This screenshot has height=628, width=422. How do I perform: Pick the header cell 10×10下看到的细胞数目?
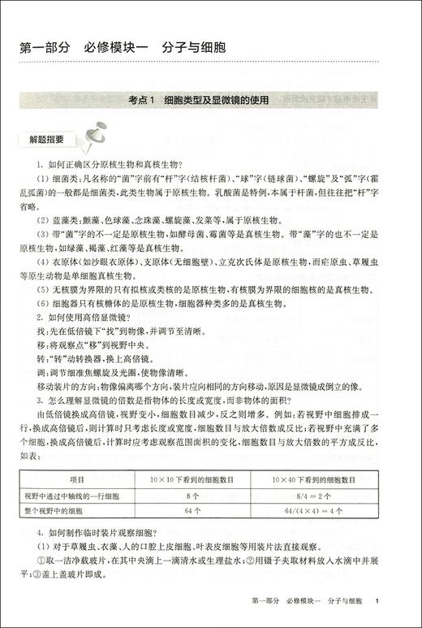pos(192,479)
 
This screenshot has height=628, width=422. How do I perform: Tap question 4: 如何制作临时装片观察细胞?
pos(101,533)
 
